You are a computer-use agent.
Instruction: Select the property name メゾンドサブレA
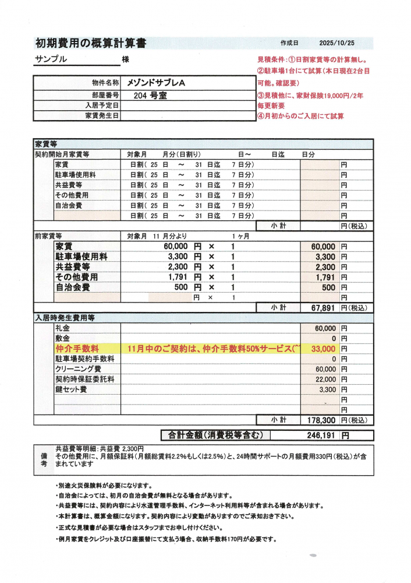click(x=156, y=83)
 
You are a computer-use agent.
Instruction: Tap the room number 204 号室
click(x=150, y=95)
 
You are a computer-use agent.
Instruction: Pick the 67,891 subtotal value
click(x=320, y=307)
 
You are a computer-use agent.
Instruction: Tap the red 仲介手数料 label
click(x=77, y=349)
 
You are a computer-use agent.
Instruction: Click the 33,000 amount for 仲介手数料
click(x=324, y=349)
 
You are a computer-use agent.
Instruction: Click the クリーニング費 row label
click(x=78, y=369)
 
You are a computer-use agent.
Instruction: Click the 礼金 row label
click(x=62, y=328)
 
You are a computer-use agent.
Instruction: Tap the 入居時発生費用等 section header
click(x=65, y=318)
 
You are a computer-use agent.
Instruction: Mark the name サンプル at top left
click(x=51, y=59)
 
